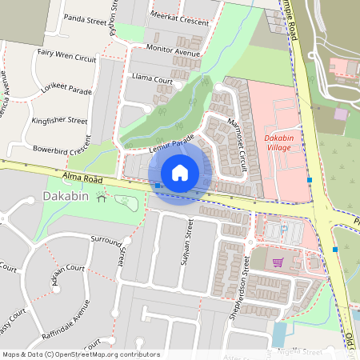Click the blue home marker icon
click(180, 172)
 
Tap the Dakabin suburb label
click(60, 196)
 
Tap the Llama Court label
click(151, 80)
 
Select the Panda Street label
click(86, 17)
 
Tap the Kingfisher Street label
click(59, 121)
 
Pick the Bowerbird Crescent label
click(62, 150)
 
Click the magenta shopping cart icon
click(278, 262)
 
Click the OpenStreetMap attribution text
click(80, 354)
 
